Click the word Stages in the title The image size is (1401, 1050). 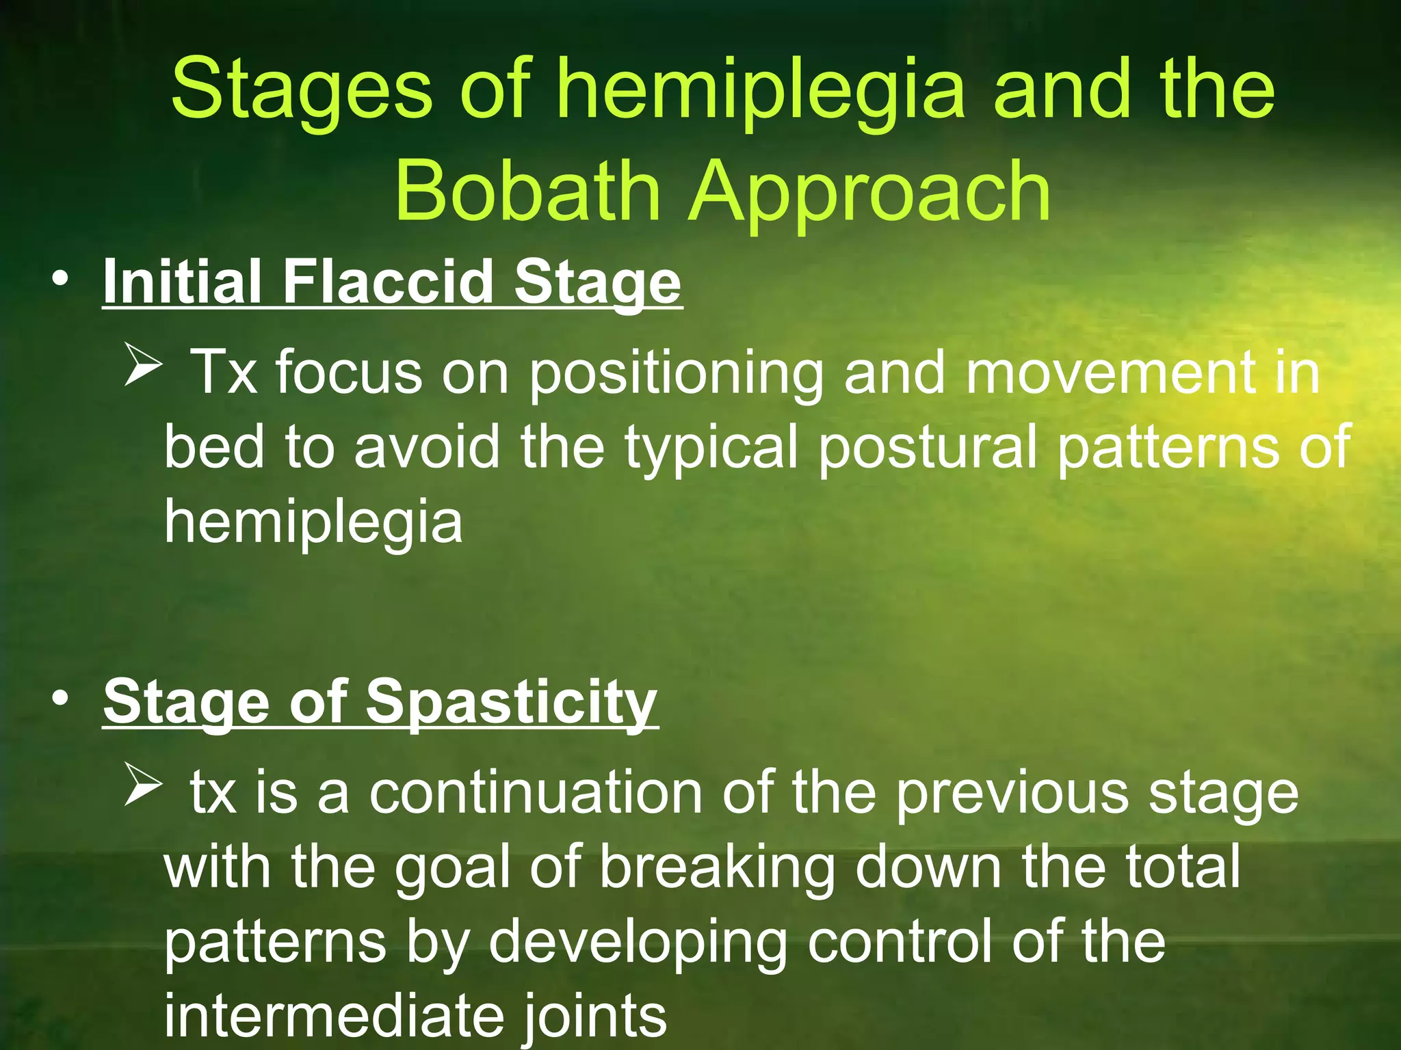coord(301,90)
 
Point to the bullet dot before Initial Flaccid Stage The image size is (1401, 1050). coord(60,280)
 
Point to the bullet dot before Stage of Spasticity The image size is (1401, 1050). coord(60,699)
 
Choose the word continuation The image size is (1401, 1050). coord(536,793)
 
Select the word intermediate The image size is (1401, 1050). coord(334,1016)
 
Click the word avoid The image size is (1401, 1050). coord(427,447)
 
